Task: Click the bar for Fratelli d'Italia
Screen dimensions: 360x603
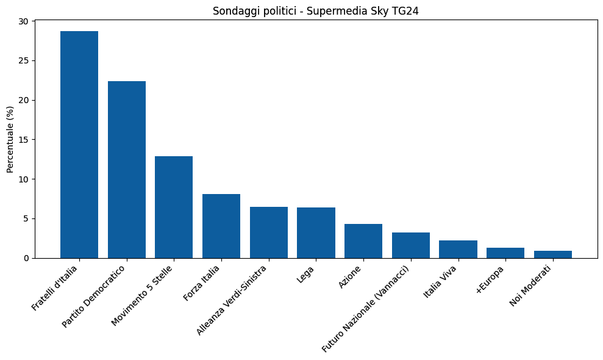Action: pos(79,145)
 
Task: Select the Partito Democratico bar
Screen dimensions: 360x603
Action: pos(127,170)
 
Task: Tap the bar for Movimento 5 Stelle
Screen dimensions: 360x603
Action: pos(174,207)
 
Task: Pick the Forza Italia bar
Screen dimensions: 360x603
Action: pos(221,226)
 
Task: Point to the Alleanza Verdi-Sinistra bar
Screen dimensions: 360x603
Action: pos(269,232)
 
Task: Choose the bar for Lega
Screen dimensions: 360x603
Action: pos(316,233)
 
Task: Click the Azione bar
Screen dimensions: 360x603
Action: pos(363,241)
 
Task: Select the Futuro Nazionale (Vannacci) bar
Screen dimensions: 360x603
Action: pos(411,245)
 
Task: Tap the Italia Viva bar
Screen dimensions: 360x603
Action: pos(458,250)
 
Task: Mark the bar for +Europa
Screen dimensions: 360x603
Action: pos(505,253)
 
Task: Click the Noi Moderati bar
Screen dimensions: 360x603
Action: pos(553,254)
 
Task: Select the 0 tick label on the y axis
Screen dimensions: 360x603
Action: pos(27,258)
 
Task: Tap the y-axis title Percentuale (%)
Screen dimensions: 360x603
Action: pos(10,139)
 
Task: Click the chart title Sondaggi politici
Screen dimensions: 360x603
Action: pos(315,11)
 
